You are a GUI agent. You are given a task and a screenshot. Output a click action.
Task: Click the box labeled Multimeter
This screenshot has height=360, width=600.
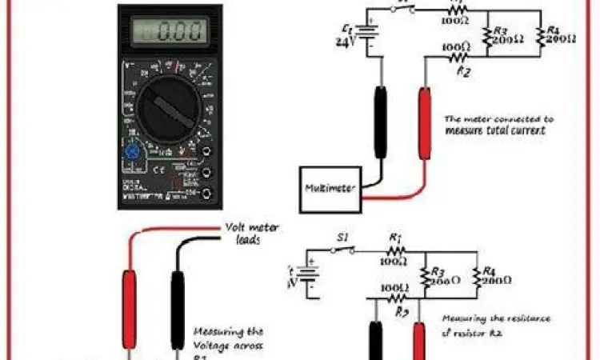(x=329, y=190)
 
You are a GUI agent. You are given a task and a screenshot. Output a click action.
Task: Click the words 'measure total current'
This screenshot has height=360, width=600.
(x=488, y=130)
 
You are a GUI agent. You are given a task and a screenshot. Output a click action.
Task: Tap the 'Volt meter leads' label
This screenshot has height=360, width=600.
(x=252, y=233)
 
